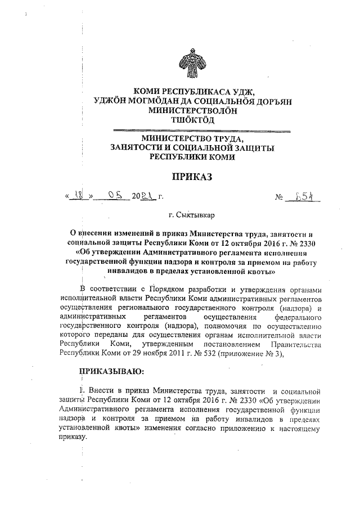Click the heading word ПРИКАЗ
coord(193,177)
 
